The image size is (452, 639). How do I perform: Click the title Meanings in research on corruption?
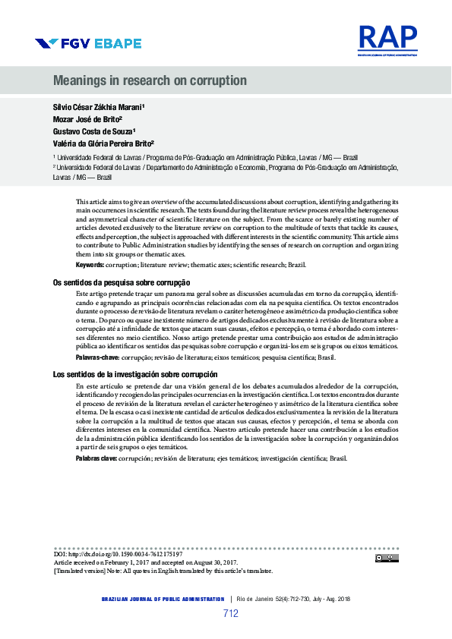coord(150,80)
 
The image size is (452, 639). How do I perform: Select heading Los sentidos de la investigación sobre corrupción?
coord(135,375)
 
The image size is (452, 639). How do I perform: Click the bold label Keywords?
coord(90,264)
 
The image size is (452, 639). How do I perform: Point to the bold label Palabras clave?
coord(96,458)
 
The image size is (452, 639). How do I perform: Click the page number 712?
coord(231,614)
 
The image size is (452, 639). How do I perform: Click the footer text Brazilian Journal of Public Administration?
coord(163,599)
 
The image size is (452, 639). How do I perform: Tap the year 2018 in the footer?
coord(343,599)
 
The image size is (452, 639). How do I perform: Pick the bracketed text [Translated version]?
coord(80,571)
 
